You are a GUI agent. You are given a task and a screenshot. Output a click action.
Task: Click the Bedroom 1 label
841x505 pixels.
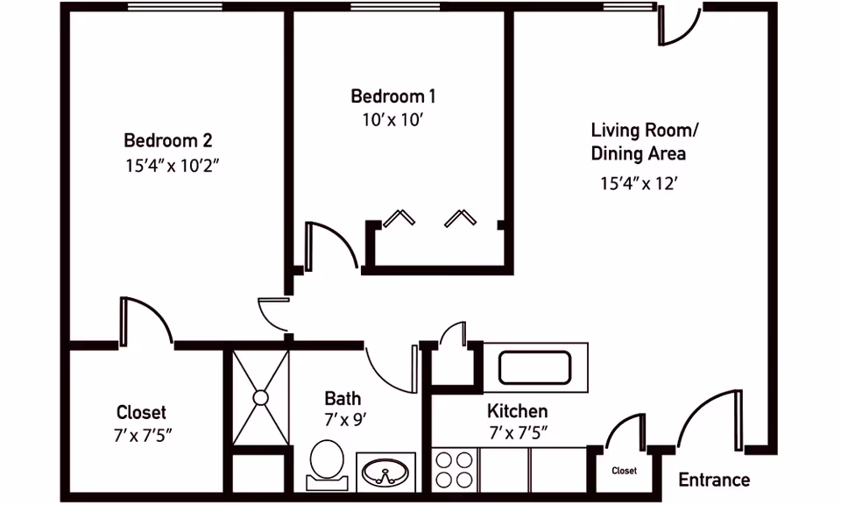pyautogui.click(x=393, y=96)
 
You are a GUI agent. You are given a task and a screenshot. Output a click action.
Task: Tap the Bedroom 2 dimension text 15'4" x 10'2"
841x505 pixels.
pyautogui.click(x=173, y=166)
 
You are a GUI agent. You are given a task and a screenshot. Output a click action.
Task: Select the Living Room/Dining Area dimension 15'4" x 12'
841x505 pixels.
pyautogui.click(x=639, y=183)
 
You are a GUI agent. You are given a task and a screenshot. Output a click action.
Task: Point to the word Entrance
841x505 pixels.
pyautogui.click(x=714, y=480)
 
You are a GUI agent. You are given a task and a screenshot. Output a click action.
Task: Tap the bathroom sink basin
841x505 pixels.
pyautogui.click(x=385, y=473)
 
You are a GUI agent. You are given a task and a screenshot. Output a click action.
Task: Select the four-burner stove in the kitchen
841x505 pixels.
pyautogui.click(x=455, y=470)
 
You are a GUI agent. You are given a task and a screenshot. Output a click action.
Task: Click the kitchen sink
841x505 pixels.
pyautogui.click(x=534, y=367)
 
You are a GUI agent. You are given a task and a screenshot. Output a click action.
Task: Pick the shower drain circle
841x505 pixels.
pyautogui.click(x=261, y=398)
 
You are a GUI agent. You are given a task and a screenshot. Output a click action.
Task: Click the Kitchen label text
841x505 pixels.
pyautogui.click(x=518, y=411)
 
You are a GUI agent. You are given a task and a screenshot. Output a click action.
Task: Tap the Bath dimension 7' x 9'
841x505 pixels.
pyautogui.click(x=345, y=419)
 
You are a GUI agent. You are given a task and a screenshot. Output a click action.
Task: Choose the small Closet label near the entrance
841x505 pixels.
pyautogui.click(x=625, y=471)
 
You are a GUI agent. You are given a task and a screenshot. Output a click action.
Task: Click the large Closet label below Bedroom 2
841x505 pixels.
pyautogui.click(x=141, y=412)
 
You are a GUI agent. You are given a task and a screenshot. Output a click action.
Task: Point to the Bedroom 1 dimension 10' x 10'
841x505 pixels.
pyautogui.click(x=393, y=120)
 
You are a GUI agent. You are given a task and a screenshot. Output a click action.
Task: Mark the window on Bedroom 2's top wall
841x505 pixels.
pyautogui.click(x=175, y=6)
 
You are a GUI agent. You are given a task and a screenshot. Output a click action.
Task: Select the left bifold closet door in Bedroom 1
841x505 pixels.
pyautogui.click(x=399, y=217)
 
